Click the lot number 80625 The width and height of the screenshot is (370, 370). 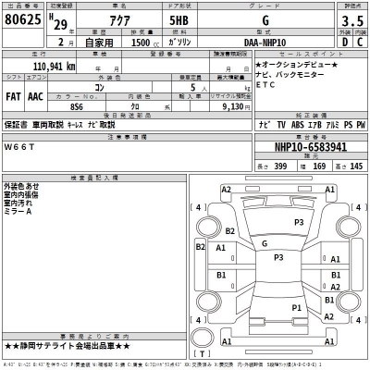pos(26,20)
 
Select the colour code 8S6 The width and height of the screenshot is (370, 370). pos(77,105)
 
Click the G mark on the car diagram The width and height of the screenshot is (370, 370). pos(265,243)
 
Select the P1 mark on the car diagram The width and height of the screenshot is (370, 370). pos(296,307)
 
